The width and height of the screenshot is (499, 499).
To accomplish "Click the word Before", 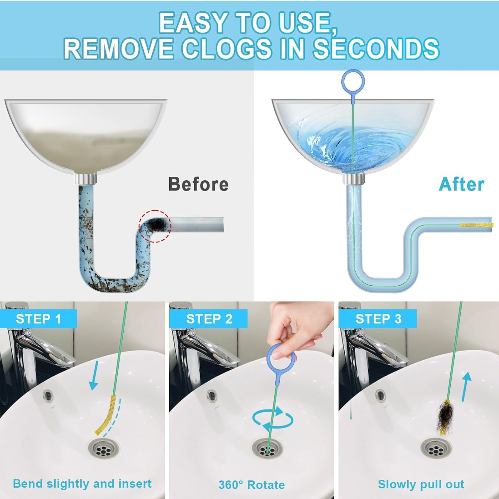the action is click(x=199, y=184).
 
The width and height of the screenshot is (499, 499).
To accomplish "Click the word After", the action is click(x=462, y=184).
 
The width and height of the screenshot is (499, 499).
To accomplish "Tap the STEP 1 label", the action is click(x=39, y=319).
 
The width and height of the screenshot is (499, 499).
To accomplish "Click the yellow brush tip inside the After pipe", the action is click(x=476, y=225).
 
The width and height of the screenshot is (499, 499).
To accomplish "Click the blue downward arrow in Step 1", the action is click(x=94, y=376).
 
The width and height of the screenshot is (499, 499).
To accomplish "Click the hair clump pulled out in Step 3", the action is click(x=445, y=417).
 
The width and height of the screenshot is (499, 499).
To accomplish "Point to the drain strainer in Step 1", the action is click(x=103, y=448).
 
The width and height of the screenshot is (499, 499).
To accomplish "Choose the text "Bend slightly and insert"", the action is click(x=82, y=484).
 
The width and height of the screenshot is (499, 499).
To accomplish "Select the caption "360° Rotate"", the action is click(x=251, y=485).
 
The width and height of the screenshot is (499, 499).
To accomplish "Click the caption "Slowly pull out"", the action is click(x=421, y=484).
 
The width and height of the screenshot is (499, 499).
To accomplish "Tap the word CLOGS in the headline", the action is click(x=227, y=49).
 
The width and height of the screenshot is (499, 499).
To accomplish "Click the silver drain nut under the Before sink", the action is click(x=86, y=179).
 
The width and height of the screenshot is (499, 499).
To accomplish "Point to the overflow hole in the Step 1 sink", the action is click(x=49, y=396).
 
